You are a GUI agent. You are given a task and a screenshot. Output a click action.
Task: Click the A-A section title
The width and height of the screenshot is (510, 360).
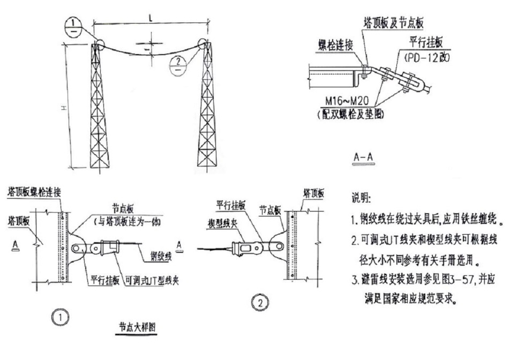point(363,157)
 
